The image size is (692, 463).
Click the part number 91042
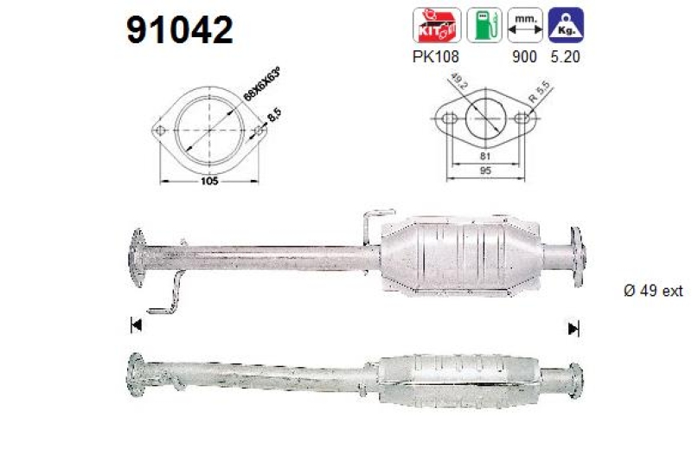(180, 31)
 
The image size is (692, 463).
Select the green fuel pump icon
(484, 25)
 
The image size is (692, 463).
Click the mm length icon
(526, 25)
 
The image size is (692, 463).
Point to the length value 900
(524, 57)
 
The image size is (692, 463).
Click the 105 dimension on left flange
(208, 181)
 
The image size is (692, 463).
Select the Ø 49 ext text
(653, 291)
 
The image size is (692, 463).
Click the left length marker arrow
(135, 325)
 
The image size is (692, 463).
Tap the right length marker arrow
(573, 328)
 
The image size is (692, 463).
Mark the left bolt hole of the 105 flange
(161, 132)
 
